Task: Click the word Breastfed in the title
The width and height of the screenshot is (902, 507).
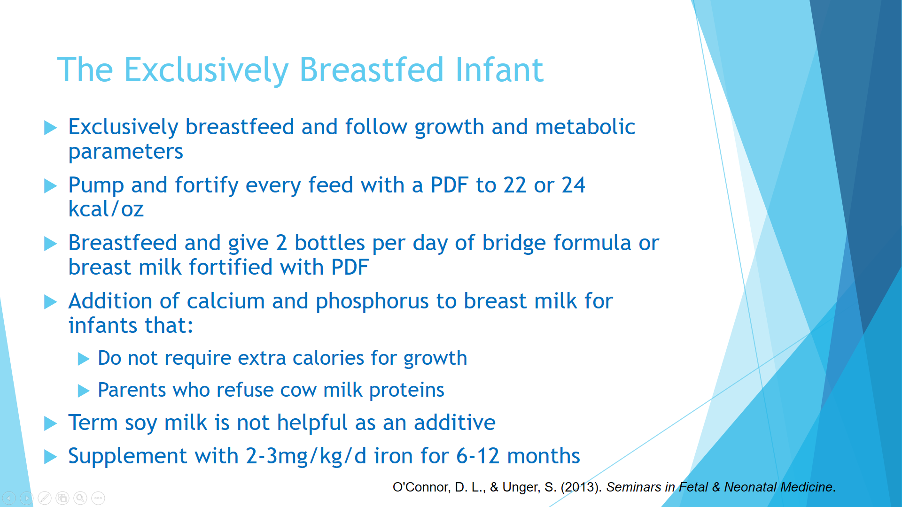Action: point(371,69)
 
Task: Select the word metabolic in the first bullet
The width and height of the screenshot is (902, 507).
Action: point(585,127)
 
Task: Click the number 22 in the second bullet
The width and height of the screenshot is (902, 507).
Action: point(515,185)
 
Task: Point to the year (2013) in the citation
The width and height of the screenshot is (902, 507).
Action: point(581,487)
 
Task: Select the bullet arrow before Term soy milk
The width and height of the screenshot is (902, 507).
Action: point(50,423)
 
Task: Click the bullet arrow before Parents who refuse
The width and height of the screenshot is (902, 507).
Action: point(84,391)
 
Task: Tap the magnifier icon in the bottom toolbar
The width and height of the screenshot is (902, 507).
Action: point(80,498)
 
